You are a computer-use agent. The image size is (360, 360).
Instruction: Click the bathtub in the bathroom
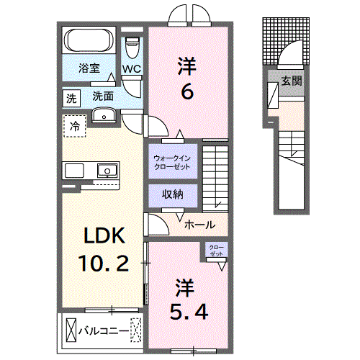(89, 40)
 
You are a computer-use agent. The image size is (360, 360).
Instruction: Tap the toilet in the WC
(131, 48)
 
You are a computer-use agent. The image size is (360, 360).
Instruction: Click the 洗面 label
(102, 95)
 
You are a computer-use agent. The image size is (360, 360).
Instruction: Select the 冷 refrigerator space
(75, 126)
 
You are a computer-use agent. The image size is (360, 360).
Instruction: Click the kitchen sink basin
(107, 171)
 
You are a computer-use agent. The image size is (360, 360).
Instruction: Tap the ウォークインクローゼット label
(172, 162)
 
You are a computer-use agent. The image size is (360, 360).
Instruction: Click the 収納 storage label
(172, 194)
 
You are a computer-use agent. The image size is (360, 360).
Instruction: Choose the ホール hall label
(199, 225)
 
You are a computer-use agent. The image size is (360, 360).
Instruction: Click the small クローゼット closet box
(216, 250)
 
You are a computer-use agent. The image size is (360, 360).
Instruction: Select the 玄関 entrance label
(291, 81)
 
